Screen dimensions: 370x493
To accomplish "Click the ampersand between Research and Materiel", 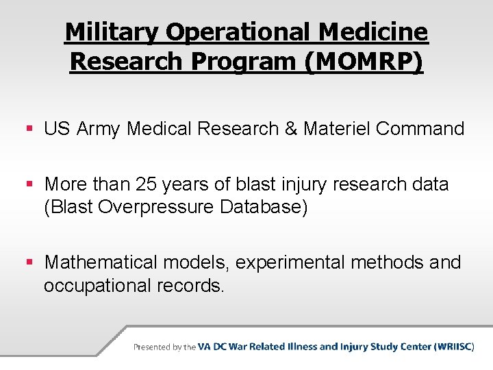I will [x=291, y=129].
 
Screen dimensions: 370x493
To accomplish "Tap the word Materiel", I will [x=336, y=129].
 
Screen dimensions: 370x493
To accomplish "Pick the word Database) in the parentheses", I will [x=264, y=207].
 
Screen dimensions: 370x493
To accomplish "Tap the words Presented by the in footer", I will [x=164, y=347].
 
